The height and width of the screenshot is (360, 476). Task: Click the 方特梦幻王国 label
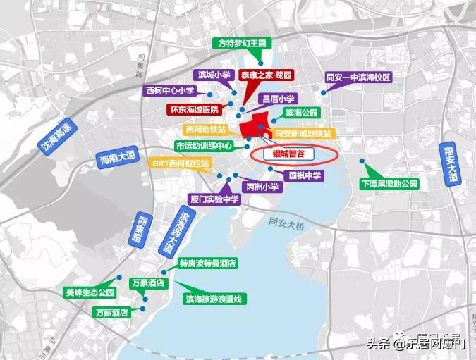(241, 43)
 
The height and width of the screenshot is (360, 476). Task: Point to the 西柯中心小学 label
(169, 91)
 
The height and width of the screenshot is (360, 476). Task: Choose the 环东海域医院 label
(193, 110)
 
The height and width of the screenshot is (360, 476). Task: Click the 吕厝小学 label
(281, 99)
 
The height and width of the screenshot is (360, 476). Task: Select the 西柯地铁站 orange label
(206, 130)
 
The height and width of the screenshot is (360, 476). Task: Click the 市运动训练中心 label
(204, 146)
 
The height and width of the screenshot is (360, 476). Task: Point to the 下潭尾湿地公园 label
(389, 183)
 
